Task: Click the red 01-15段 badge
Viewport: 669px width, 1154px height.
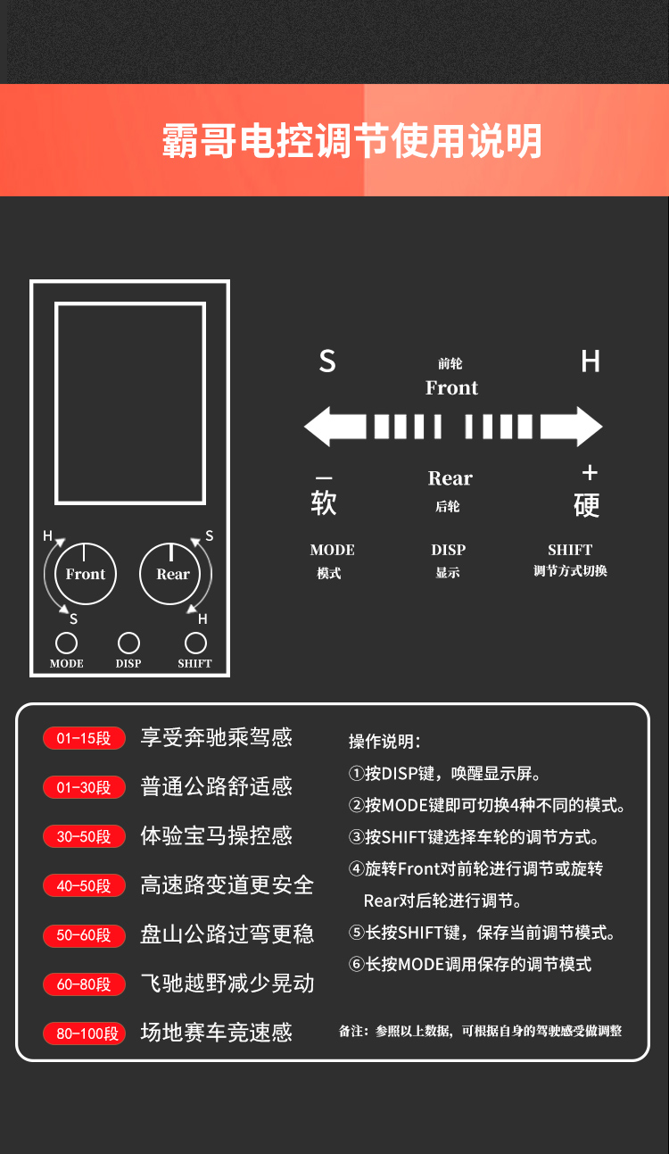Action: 84,738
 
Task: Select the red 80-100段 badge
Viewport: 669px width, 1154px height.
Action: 84,1034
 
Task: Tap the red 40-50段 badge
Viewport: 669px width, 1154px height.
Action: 84,885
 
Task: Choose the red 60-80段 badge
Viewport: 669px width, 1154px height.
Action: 84,984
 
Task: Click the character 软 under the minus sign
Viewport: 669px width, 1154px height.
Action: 324,502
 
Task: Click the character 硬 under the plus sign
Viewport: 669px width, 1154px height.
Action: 587,505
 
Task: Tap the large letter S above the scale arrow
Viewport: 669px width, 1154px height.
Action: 327,361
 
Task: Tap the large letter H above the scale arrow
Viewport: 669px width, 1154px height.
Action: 591,361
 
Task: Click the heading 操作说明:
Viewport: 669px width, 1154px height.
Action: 384,742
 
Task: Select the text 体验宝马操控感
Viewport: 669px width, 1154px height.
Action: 216,835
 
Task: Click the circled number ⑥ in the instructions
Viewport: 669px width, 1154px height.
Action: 357,964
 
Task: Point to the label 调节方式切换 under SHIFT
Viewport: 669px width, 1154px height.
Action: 570,571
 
